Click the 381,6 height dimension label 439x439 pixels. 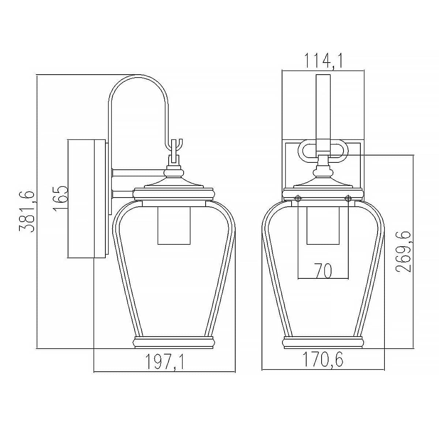27,212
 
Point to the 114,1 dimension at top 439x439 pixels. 323,60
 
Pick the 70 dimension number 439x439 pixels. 323,271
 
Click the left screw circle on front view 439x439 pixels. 298,199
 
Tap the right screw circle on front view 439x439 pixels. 348,199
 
